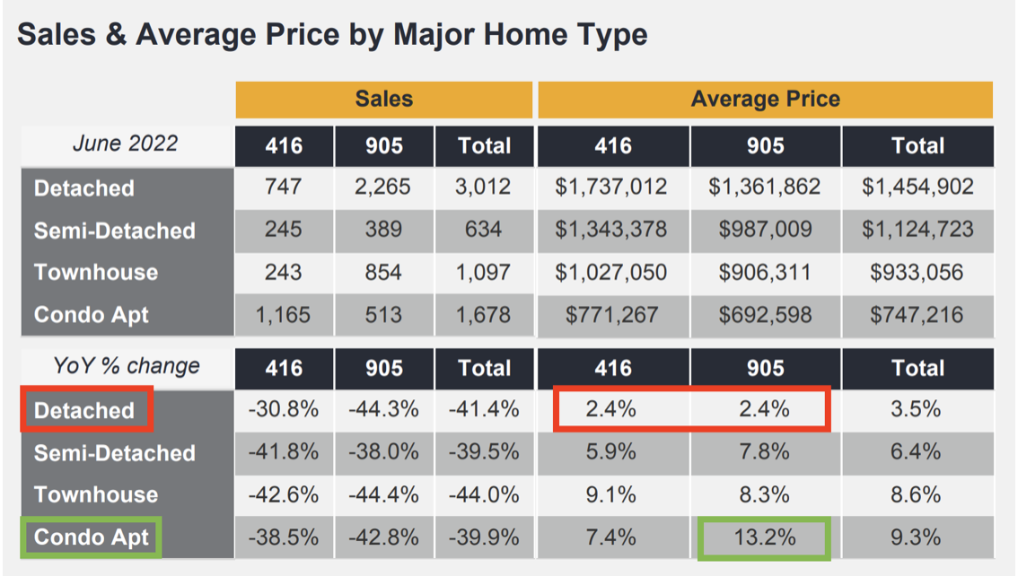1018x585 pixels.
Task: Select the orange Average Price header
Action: click(x=765, y=99)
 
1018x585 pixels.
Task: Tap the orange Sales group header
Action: click(x=383, y=99)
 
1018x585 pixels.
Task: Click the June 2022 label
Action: click(x=126, y=144)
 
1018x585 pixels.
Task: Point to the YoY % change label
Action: click(x=126, y=366)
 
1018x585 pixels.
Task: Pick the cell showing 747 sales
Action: click(x=284, y=187)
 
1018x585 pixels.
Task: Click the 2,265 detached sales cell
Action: click(x=383, y=187)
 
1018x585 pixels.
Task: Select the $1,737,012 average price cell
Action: click(x=612, y=187)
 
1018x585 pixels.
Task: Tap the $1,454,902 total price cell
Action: click(x=917, y=187)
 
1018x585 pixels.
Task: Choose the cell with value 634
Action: click(x=483, y=230)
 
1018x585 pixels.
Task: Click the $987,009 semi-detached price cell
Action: click(x=765, y=230)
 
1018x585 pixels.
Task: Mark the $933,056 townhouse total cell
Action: click(x=917, y=272)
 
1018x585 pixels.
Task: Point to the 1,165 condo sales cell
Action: click(x=284, y=315)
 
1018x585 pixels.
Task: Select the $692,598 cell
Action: click(x=765, y=315)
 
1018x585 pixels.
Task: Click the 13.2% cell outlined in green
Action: click(x=765, y=537)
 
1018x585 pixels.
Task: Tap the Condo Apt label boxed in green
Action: click(x=92, y=537)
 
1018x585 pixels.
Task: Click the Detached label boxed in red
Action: click(x=85, y=410)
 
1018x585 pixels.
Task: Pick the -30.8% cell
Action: click(x=284, y=410)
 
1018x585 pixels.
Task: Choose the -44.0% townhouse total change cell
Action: click(x=483, y=494)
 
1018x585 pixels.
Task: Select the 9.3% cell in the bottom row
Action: click(x=917, y=537)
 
